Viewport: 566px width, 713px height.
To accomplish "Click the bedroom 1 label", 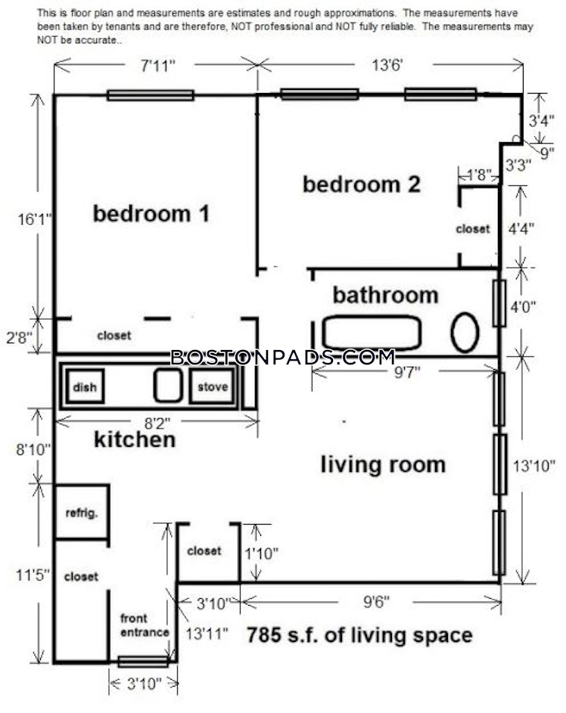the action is pyautogui.click(x=151, y=214).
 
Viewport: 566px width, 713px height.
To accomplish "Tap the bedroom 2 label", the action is pyautogui.click(x=362, y=184).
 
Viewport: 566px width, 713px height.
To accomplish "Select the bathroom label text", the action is pyautogui.click(x=385, y=295).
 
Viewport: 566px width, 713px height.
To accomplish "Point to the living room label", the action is pyautogui.click(x=383, y=465).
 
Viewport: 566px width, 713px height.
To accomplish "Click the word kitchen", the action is pyautogui.click(x=135, y=440).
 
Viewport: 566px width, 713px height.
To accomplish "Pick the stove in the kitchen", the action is pyautogui.click(x=213, y=386).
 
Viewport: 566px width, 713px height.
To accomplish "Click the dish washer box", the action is pyautogui.click(x=85, y=386).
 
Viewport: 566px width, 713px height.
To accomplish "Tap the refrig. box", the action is pyautogui.click(x=82, y=513).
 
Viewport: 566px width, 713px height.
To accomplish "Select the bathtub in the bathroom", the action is pyautogui.click(x=372, y=333).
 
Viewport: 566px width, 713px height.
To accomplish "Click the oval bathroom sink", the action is pyautogui.click(x=465, y=333).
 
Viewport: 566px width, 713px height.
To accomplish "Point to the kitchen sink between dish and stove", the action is pyautogui.click(x=168, y=386).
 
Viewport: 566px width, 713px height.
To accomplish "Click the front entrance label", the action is pyautogui.click(x=145, y=625).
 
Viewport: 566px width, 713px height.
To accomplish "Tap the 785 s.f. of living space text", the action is pyautogui.click(x=359, y=635).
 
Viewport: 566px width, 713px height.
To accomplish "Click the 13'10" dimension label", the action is pyautogui.click(x=534, y=466).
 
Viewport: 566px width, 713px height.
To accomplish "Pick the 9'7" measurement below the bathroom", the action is pyautogui.click(x=407, y=373).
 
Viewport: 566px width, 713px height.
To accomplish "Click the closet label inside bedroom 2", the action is pyautogui.click(x=473, y=229).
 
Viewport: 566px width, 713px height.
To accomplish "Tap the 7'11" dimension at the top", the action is pyautogui.click(x=158, y=66).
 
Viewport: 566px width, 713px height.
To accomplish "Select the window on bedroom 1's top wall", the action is pyautogui.click(x=151, y=95).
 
